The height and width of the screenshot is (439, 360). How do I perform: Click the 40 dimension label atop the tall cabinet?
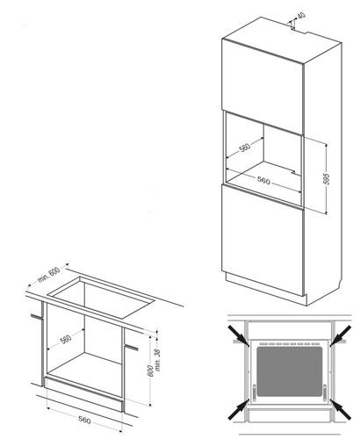click(301, 15)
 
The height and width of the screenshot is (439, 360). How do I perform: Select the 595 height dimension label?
click(327, 179)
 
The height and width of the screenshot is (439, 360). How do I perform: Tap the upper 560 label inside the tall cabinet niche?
click(245, 147)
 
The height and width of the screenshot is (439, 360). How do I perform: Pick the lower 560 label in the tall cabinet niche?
click(263, 181)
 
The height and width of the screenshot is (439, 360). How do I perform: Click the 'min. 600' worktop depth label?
click(48, 275)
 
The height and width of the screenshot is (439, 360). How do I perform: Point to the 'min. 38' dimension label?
click(158, 360)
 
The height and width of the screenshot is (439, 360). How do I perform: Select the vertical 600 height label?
click(150, 371)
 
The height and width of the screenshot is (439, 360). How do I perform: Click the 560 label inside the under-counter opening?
click(66, 340)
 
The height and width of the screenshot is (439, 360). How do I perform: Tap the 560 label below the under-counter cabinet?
click(84, 421)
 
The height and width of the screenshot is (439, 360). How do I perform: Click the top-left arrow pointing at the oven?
click(240, 335)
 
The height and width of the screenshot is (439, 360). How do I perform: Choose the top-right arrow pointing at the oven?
click(341, 335)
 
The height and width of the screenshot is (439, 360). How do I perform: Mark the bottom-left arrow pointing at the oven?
click(239, 409)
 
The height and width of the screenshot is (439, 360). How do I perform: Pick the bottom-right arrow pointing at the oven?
click(341, 409)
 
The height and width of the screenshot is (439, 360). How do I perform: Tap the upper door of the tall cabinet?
click(263, 87)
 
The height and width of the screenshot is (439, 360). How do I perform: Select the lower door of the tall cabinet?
click(263, 240)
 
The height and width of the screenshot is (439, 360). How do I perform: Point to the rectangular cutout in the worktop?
click(102, 298)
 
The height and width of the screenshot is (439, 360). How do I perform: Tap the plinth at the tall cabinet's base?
click(266, 290)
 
